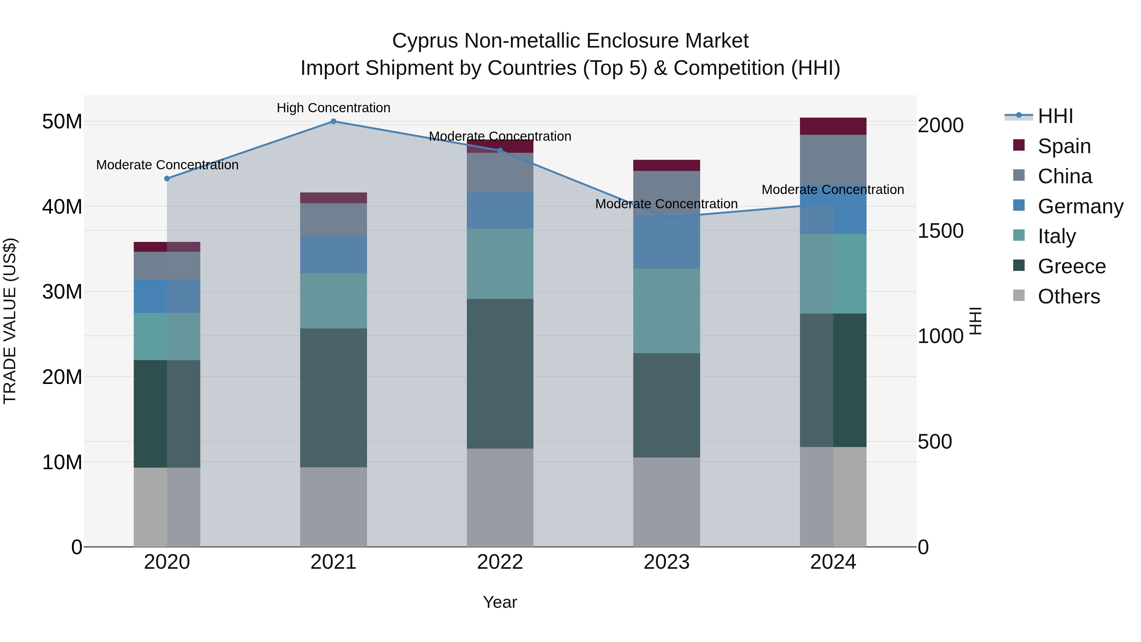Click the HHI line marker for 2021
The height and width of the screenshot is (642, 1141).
coord(333,121)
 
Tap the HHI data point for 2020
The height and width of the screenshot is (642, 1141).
coord(167,178)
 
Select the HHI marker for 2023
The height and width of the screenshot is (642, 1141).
coord(667,217)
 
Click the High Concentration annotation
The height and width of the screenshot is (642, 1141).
coord(333,108)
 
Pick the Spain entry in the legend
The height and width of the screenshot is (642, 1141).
coord(1064,146)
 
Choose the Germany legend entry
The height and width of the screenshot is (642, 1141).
coord(1080,206)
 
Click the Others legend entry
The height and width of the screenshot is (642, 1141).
coord(1068,296)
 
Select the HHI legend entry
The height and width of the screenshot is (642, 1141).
coord(1055,116)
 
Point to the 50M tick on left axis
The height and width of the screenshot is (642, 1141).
coord(62,122)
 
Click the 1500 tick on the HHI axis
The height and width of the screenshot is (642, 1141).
coord(940,231)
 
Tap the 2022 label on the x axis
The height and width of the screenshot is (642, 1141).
coord(500,562)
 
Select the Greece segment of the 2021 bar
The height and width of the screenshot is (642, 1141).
coord(333,398)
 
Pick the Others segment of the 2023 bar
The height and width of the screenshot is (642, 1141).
coord(667,502)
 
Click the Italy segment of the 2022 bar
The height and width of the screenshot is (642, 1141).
coord(500,264)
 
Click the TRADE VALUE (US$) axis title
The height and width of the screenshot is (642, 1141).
coord(10,321)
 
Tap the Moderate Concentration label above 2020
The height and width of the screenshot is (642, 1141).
coord(167,165)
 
